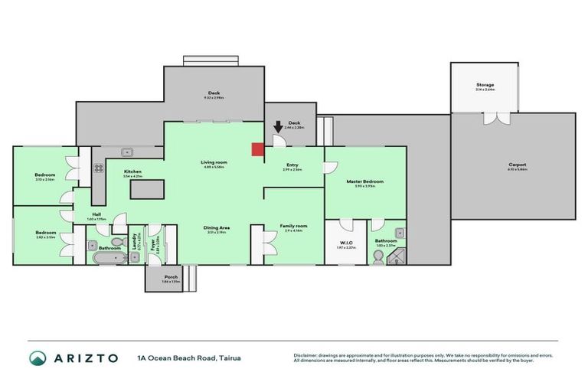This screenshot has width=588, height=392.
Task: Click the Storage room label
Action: coord(485,85)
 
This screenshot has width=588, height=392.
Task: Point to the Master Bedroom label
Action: coord(364,181)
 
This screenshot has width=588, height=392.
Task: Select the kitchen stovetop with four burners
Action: coord(98,167)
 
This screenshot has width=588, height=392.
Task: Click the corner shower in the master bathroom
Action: coord(398,256)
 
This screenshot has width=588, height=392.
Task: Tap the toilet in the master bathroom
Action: coord(377,259)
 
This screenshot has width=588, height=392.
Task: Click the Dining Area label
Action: coord(217,228)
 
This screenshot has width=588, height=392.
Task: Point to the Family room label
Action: coord(293,226)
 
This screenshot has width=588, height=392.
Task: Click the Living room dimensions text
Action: coord(214,167)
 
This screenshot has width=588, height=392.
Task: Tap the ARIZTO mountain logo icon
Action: coord(38,358)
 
